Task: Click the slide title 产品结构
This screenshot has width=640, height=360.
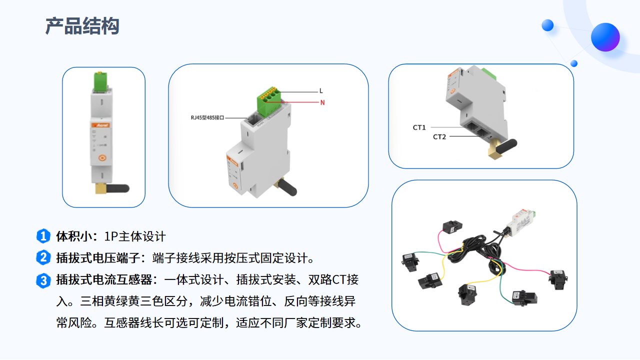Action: tap(82, 26)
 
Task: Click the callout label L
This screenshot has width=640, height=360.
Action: tap(321, 91)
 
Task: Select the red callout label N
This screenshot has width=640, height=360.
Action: tap(322, 103)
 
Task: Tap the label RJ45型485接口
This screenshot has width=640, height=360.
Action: tap(207, 118)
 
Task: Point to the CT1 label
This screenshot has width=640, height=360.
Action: tap(419, 127)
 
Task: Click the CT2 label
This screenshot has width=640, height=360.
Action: tap(439, 136)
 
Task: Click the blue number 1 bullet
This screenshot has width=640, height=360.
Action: tap(43, 236)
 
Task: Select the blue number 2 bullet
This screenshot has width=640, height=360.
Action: tap(43, 258)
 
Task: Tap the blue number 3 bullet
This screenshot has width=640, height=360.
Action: tap(43, 280)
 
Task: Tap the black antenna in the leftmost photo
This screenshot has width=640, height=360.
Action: tap(118, 188)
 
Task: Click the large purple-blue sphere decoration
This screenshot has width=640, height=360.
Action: tap(605, 37)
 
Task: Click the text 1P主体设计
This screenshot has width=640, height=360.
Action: tap(135, 236)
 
